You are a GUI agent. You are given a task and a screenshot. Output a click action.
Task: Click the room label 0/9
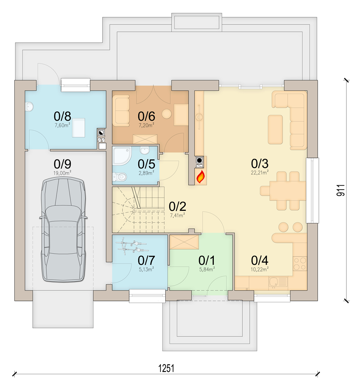[x=62, y=164]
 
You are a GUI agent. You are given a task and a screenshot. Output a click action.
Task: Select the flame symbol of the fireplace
[x=201, y=176]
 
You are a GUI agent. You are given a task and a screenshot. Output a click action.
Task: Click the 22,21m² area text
[x=260, y=172]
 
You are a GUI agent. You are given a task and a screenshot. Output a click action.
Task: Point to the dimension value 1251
[x=166, y=368]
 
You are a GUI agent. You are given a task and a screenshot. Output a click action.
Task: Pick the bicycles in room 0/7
[x=132, y=245]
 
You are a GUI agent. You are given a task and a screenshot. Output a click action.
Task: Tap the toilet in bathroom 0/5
[x=120, y=176]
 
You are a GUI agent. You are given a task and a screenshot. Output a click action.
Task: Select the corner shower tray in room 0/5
[x=121, y=155]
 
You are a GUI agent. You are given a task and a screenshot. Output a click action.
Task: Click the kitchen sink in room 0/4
[x=278, y=282]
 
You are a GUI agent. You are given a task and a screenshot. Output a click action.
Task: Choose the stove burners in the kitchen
[x=300, y=263]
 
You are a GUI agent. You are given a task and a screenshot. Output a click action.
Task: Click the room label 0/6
[x=147, y=116]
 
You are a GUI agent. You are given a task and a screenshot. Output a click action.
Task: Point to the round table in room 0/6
[x=167, y=114]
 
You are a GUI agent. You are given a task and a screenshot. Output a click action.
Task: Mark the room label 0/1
[x=207, y=260]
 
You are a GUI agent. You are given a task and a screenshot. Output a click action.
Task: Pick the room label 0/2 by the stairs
[x=177, y=207]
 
